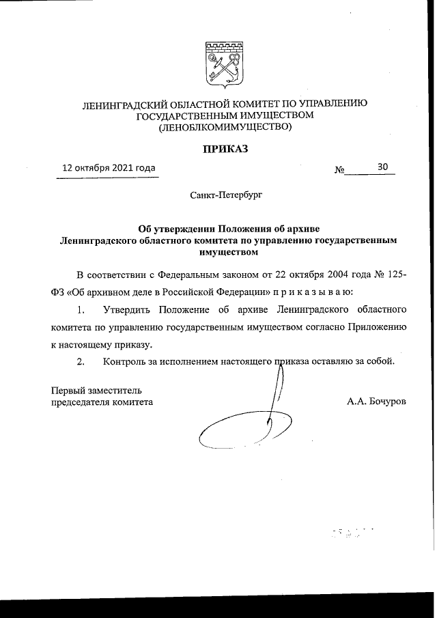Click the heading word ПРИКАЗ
(224, 149)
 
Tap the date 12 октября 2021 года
(109, 167)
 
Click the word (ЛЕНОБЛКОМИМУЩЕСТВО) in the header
(225, 126)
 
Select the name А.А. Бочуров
(376, 402)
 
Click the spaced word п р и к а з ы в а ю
(312, 292)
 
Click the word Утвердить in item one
(130, 310)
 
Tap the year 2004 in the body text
(329, 275)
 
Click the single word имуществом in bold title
(224, 252)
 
